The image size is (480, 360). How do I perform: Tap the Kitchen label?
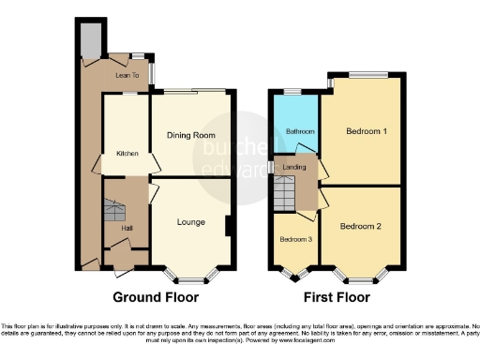tap(127, 153)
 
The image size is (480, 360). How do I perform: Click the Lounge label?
tap(190, 222)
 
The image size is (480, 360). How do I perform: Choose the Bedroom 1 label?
tap(367, 131)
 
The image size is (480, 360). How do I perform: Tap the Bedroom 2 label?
tap(361, 227)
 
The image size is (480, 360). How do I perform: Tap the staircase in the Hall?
tap(115, 208)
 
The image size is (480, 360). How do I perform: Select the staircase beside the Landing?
tap(285, 194)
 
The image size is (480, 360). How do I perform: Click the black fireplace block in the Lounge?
tap(229, 227)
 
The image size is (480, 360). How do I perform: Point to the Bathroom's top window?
tap(292, 90)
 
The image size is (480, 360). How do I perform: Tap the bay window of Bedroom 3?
tap(299, 276)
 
